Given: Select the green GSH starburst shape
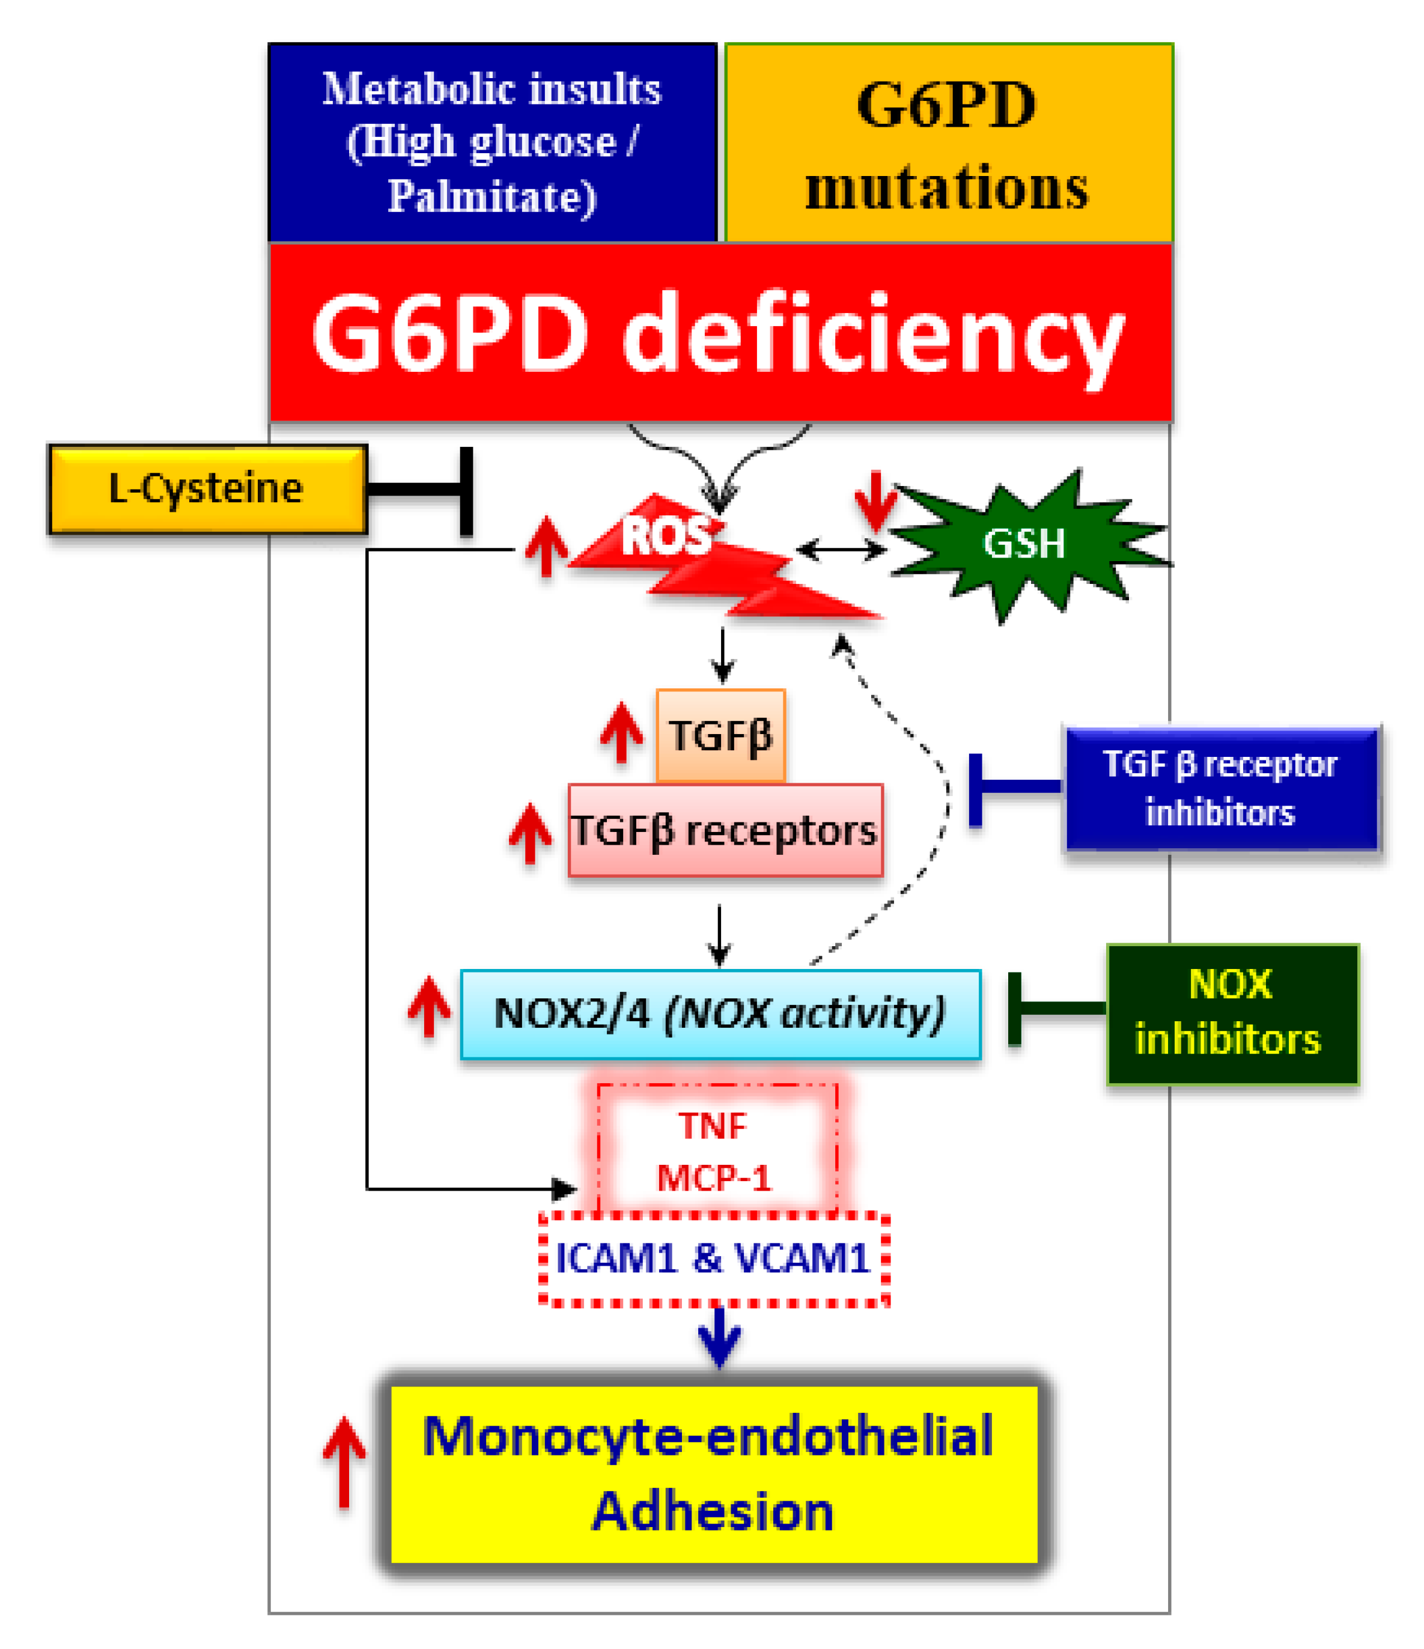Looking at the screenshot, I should click(x=1024, y=544).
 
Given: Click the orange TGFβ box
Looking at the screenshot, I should click(x=720, y=735).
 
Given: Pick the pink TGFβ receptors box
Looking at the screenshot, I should click(x=725, y=831).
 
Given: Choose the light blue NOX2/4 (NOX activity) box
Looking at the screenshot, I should click(x=720, y=1014).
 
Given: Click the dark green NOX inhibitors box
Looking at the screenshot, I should click(x=1232, y=1014).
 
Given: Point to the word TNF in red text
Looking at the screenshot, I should click(x=713, y=1127).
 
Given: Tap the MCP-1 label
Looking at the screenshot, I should click(x=714, y=1179).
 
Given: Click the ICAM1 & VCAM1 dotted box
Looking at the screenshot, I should click(x=713, y=1259).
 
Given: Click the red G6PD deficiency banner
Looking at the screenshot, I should click(x=720, y=333).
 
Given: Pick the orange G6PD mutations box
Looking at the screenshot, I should click(x=949, y=143).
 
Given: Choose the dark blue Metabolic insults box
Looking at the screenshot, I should click(x=493, y=143).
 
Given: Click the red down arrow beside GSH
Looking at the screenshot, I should click(x=875, y=502).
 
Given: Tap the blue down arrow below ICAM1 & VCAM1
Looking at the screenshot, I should click(x=720, y=1338).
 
